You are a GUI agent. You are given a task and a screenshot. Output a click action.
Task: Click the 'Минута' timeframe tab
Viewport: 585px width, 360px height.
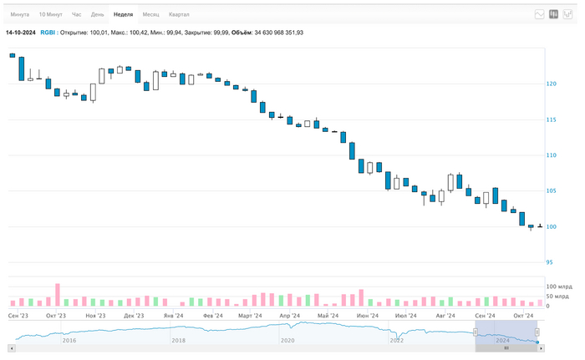click(19, 15)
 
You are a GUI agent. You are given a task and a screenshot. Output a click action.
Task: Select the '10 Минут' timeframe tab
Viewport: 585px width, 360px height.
click(50, 15)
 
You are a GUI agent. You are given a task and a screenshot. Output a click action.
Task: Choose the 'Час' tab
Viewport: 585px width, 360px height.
click(77, 15)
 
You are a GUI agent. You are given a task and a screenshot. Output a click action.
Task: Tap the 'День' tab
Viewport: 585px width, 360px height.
click(98, 15)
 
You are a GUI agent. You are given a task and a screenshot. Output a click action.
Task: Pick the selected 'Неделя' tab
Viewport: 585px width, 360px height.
click(123, 15)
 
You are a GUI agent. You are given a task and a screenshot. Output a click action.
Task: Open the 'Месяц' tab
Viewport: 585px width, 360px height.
click(150, 15)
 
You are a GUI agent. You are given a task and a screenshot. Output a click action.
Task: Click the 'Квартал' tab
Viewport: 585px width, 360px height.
click(179, 15)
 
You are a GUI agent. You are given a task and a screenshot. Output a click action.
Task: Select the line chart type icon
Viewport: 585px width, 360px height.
click(540, 14)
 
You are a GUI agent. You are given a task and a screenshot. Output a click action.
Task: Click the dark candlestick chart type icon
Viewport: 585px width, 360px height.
click(553, 14)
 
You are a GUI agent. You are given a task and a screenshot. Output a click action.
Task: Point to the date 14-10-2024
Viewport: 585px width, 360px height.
click(20, 33)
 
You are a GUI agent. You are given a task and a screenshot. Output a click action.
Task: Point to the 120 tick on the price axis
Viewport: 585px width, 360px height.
click(552, 84)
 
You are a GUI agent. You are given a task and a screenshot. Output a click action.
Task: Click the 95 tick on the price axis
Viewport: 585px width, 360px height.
click(552, 262)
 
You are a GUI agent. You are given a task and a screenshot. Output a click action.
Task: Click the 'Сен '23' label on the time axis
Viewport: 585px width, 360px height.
click(18, 316)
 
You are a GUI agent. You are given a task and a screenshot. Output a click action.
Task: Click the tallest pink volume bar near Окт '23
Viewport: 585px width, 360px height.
click(58, 295)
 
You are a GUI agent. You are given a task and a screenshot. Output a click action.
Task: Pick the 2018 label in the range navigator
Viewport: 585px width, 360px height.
click(178, 341)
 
